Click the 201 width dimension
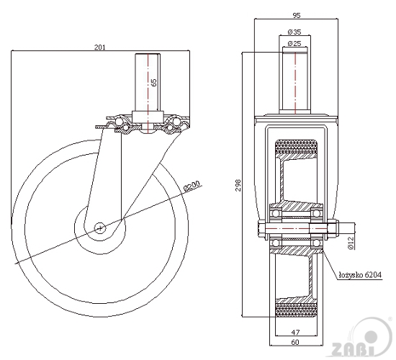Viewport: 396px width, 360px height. (99, 47)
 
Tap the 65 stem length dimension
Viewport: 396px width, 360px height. (154, 82)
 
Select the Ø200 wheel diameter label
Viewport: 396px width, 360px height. (193, 186)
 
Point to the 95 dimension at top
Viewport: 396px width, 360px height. (297, 15)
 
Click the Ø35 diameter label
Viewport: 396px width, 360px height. (294, 32)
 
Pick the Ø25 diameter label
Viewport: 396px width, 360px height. (294, 43)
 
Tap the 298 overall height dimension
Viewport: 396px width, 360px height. (238, 185)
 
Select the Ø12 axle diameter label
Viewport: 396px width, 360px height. (351, 243)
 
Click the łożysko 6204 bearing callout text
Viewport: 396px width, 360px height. (360, 275)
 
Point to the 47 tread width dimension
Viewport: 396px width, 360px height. (295, 332)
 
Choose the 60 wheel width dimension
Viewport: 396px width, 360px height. (295, 342)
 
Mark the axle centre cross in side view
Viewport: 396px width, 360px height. (100, 228)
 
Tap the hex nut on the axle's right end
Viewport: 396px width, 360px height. (333, 228)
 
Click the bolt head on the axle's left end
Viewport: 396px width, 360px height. (261, 228)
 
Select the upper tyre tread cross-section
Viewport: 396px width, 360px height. (296, 146)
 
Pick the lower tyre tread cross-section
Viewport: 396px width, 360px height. (296, 310)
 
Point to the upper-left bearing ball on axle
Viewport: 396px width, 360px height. (276, 213)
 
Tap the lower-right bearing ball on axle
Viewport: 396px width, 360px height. (315, 243)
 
